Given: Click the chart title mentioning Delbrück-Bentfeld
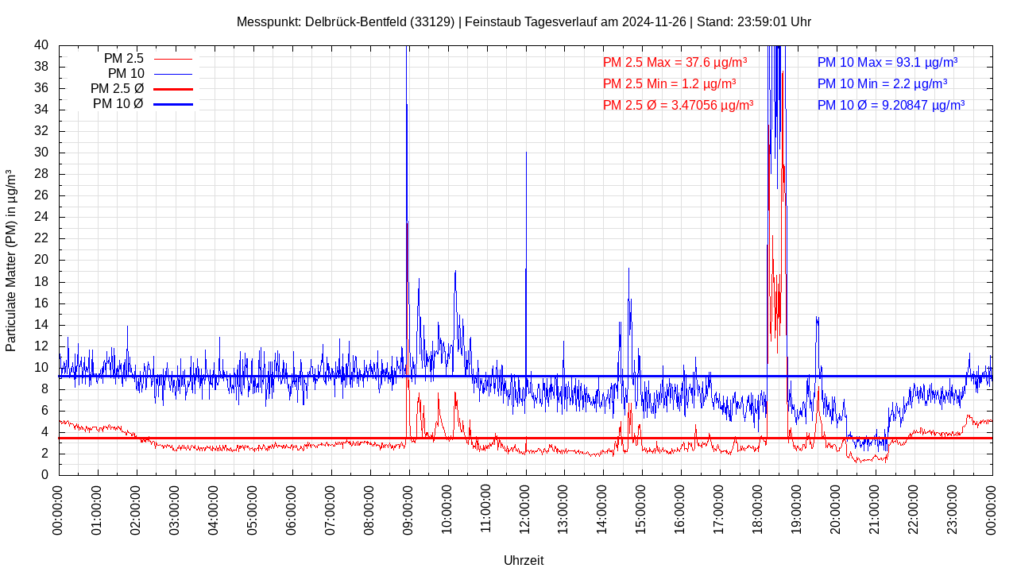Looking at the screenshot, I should point(524,21).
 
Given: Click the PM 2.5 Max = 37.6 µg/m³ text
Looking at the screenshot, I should point(675,62).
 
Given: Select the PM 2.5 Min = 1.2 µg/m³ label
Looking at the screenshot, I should point(669,83).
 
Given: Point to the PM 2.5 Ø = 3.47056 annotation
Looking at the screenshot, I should point(678,105).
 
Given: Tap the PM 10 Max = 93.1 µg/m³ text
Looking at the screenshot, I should point(887,62).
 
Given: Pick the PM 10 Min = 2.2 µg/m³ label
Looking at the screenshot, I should point(882,83).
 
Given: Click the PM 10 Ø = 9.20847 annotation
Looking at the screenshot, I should point(891,105).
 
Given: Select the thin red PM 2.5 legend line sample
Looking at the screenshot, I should point(172,59).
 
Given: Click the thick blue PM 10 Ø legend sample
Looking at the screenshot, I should point(172,104).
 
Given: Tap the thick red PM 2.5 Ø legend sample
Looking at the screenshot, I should point(172,89).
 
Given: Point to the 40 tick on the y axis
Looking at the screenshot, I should point(41,45).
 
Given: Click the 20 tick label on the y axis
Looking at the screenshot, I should point(41,260).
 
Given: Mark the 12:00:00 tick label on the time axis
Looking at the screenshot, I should point(525,509).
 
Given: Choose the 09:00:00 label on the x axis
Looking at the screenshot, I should point(408,509).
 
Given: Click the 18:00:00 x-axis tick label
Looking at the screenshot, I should point(759,509).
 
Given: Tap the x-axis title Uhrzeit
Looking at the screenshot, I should point(524,560).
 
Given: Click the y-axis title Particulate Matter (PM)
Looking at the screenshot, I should point(11,260).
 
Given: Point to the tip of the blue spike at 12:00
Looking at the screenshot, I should point(526,152).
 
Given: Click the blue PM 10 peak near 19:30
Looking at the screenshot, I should point(817,317).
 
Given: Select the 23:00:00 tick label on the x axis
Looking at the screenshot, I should point(953,509).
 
